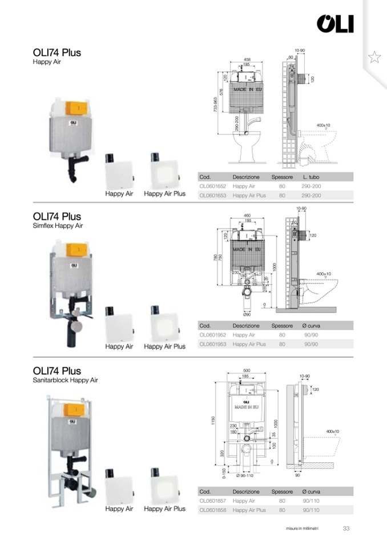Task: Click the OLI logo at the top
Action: (x=335, y=24)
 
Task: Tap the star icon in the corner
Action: (x=374, y=57)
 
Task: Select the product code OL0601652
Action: (x=212, y=186)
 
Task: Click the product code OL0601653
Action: (x=212, y=195)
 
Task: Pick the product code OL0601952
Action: (x=212, y=335)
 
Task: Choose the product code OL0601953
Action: (x=212, y=344)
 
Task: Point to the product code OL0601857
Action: (x=212, y=501)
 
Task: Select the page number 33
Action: (x=346, y=528)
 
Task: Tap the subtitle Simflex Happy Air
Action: (x=58, y=226)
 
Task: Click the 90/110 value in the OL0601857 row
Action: (x=311, y=501)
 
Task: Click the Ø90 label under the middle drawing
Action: (x=247, y=314)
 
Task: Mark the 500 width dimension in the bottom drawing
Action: (x=247, y=370)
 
